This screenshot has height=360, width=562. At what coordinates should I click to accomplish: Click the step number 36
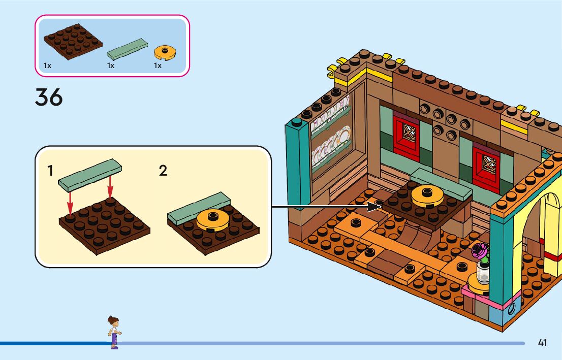(x=49, y=97)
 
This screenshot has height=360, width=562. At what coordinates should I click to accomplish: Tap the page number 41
(x=542, y=343)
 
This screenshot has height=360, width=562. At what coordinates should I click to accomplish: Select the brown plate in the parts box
(x=73, y=42)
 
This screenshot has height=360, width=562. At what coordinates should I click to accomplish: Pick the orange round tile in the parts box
(x=165, y=51)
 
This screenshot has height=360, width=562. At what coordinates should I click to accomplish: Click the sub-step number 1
(x=50, y=171)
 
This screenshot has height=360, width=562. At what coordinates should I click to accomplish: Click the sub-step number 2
(x=163, y=171)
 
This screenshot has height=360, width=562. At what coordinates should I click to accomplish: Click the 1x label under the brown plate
(x=47, y=66)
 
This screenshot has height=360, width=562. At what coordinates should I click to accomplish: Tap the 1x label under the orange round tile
(x=158, y=66)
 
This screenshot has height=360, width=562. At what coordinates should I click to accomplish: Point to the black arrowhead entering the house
(x=376, y=206)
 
